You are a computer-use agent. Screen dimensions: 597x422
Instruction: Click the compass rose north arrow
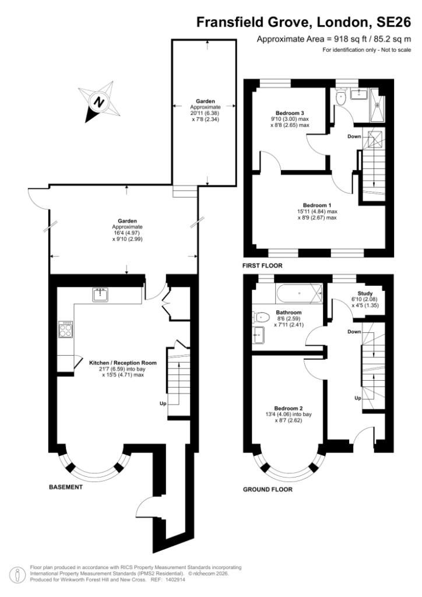click(100, 103)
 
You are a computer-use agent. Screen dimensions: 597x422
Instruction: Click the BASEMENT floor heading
click(65, 487)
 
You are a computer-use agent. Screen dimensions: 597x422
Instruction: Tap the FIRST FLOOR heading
click(262, 265)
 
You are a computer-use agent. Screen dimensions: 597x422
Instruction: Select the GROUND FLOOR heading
click(268, 489)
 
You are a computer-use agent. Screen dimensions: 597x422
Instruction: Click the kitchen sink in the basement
click(101, 294)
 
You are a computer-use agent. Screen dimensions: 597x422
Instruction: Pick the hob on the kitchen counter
click(65, 330)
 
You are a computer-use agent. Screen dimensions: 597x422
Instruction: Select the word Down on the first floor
click(354, 136)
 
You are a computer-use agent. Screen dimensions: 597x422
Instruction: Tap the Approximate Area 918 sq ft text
click(334, 39)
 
